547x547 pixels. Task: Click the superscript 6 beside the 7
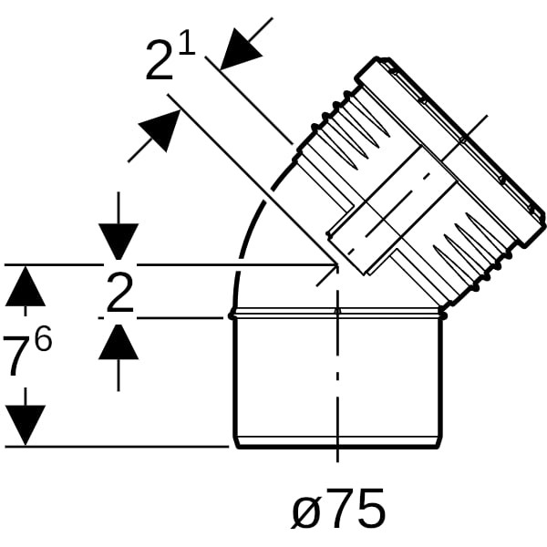(x=43, y=337)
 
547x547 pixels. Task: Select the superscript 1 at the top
(x=187, y=41)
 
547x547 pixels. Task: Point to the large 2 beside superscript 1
(x=160, y=60)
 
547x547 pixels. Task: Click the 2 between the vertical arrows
(x=120, y=292)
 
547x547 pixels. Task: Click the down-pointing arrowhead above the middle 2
(x=119, y=242)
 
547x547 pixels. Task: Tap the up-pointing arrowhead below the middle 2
(x=119, y=342)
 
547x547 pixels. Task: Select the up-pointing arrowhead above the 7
(x=26, y=286)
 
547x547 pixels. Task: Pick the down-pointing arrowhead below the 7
(x=26, y=425)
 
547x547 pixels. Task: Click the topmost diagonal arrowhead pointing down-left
(x=240, y=49)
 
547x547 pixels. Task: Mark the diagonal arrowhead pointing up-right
(x=160, y=130)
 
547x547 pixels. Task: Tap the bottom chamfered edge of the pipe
(x=337, y=441)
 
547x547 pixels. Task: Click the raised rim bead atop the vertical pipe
(x=337, y=314)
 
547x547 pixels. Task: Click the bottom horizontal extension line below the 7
(x=117, y=446)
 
